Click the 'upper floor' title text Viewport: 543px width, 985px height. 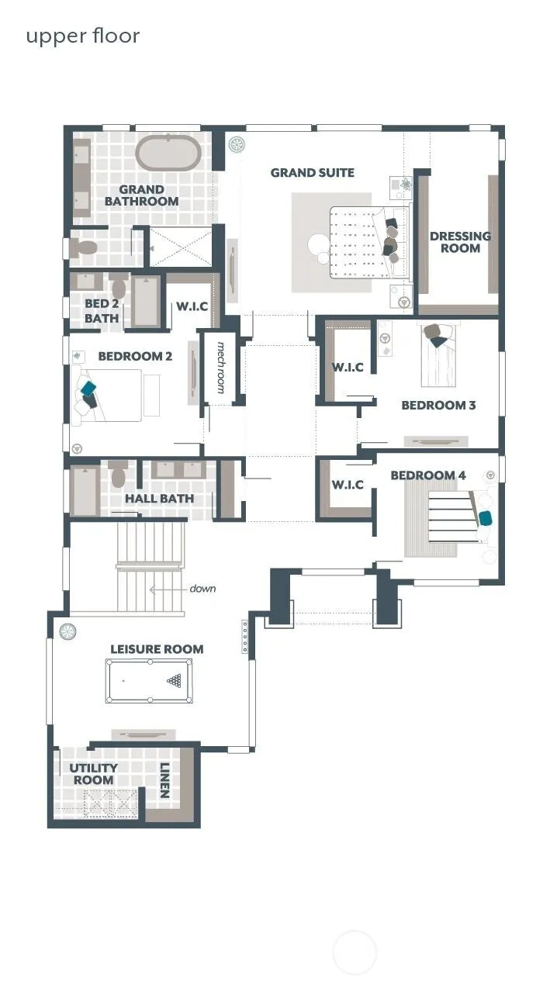click(83, 36)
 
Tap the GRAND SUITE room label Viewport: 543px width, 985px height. click(312, 173)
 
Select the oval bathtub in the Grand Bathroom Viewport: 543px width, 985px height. click(168, 153)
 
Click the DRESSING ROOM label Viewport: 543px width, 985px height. click(460, 242)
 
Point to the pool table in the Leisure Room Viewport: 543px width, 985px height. click(149, 681)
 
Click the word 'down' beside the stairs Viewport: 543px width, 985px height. click(202, 589)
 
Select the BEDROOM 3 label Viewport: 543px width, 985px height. click(438, 405)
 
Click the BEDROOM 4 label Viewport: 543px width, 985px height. click(427, 475)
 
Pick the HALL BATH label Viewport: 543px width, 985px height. click(159, 499)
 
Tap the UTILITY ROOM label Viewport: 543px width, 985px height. click(94, 774)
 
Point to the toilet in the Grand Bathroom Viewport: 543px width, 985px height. click(82, 248)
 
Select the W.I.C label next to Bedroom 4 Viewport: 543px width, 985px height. click(348, 485)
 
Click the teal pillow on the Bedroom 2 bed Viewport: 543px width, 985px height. click(88, 389)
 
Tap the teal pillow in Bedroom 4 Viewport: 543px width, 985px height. click(486, 518)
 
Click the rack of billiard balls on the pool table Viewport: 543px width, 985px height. click(175, 681)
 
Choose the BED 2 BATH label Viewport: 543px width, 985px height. click(102, 311)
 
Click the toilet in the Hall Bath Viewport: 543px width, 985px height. click(117, 474)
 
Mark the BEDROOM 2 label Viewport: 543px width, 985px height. click(135, 356)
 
